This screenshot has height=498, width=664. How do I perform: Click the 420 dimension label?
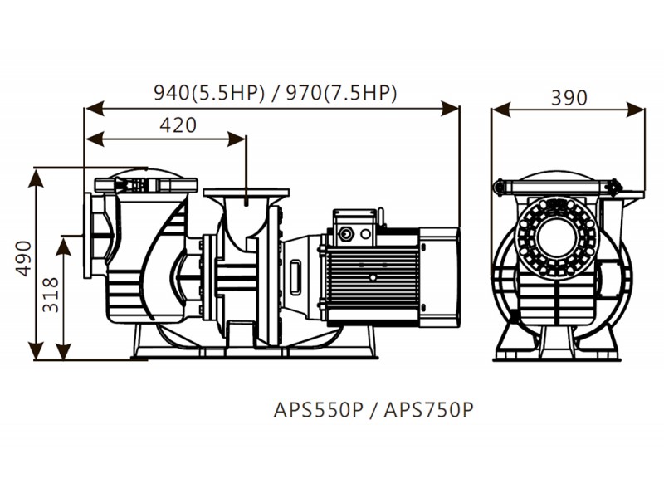(x=178, y=125)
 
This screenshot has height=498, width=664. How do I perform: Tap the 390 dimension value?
(x=569, y=98)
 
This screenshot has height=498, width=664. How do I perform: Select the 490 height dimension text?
(x=24, y=258)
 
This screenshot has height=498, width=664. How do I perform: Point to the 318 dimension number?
(x=51, y=295)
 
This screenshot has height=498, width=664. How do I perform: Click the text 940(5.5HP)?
(x=209, y=93)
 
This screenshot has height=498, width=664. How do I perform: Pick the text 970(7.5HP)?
(x=341, y=93)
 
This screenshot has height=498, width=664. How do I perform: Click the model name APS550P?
(x=319, y=409)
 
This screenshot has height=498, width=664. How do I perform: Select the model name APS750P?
(x=428, y=409)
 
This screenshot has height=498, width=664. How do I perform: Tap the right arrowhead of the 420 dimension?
(x=237, y=139)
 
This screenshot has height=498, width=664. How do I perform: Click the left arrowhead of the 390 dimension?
(x=501, y=110)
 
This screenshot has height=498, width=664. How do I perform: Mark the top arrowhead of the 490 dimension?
(x=36, y=178)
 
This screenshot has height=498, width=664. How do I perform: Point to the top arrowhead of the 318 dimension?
(x=63, y=246)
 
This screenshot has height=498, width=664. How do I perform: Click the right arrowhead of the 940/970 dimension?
(x=450, y=109)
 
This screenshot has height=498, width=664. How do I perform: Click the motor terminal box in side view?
(x=355, y=227)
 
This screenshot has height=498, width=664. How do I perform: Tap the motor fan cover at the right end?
(x=439, y=277)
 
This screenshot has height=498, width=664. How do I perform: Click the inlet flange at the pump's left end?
(x=88, y=236)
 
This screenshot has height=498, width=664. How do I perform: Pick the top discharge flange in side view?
(x=246, y=193)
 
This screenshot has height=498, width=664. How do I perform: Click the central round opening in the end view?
(x=557, y=239)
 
